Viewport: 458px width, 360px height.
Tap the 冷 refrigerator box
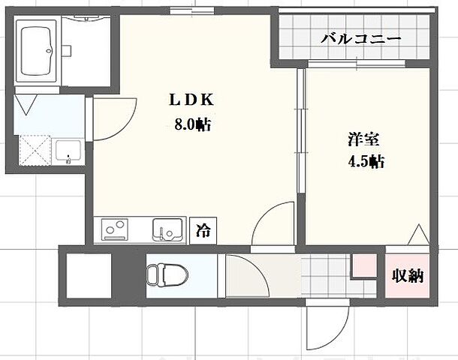pyautogui.click(x=203, y=231)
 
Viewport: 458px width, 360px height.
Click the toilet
pyautogui.click(x=164, y=274)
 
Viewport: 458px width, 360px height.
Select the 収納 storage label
pyautogui.click(x=407, y=275)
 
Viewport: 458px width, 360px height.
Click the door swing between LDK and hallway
pyautogui.click(x=270, y=223)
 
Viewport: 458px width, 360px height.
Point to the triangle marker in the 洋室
pyautogui.click(x=417, y=236)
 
